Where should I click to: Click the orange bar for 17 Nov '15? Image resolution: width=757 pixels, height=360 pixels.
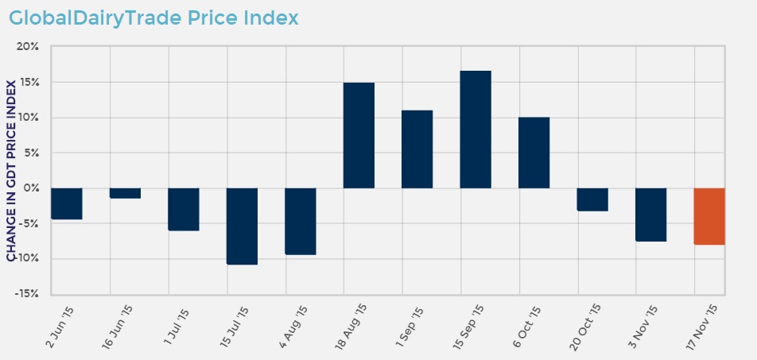pyautogui.click(x=709, y=216)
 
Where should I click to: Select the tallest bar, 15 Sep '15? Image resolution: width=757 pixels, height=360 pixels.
pyautogui.click(x=476, y=130)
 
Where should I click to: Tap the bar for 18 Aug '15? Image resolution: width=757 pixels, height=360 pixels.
pyautogui.click(x=359, y=135)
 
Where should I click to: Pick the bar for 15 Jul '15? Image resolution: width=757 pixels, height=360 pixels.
pyautogui.click(x=242, y=226)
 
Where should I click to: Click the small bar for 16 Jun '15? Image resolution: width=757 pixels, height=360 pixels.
pyautogui.click(x=125, y=193)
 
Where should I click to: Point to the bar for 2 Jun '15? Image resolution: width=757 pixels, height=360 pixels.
pyautogui.click(x=67, y=203)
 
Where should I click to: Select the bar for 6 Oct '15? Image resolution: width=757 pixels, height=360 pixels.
pyautogui.click(x=534, y=153)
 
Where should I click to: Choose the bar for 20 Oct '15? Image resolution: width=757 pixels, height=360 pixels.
pyautogui.click(x=592, y=199)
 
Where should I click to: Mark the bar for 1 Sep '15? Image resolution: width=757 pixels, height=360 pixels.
pyautogui.click(x=417, y=149)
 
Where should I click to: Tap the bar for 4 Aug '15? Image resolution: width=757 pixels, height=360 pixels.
pyautogui.click(x=301, y=221)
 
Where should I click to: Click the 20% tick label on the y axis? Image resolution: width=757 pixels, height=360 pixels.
pyautogui.click(x=28, y=47)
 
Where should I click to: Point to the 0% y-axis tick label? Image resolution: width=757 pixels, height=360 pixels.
pyautogui.click(x=31, y=188)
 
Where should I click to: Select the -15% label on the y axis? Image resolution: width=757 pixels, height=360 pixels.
pyautogui.click(x=26, y=294)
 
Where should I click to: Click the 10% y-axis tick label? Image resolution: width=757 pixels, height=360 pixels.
pyautogui.click(x=28, y=118)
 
